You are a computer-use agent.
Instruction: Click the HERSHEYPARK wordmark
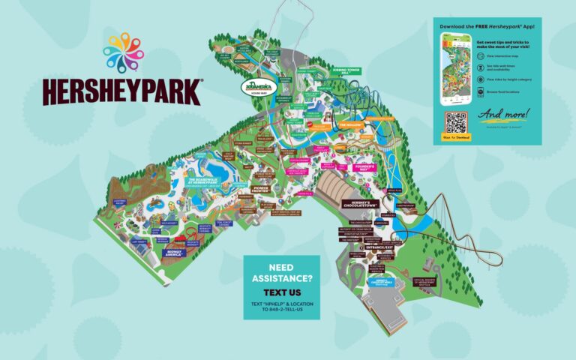tap(121, 90)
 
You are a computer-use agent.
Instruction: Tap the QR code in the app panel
tap(455, 122)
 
